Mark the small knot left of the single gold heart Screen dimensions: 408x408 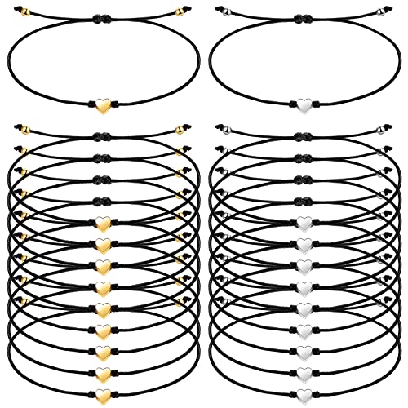point(88,105)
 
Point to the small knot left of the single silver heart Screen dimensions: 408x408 point(290,105)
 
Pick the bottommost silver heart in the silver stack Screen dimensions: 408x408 point(304,374)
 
